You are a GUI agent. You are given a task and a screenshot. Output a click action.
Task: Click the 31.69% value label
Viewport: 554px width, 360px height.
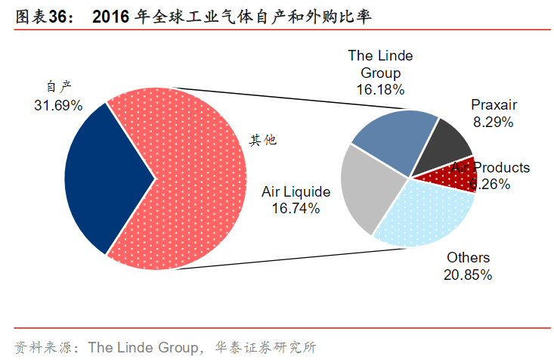click(58, 105)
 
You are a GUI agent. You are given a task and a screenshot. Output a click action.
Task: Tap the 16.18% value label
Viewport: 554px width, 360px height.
click(381, 88)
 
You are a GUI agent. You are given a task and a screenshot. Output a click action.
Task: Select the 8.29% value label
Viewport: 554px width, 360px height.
click(493, 121)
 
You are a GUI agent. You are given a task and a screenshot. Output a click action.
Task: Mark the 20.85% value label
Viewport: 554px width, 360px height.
click(468, 275)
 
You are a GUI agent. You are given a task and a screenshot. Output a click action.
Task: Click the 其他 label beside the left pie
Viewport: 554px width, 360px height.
click(264, 140)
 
